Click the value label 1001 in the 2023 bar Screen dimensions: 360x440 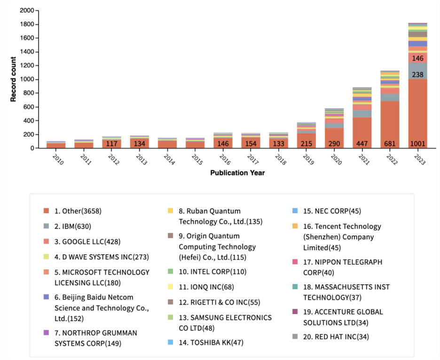tap(417, 144)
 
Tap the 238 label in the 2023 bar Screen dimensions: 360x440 tap(417, 74)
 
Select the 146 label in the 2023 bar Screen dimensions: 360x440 tap(417, 59)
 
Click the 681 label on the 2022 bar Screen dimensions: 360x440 tap(390, 144)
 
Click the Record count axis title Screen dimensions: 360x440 tap(14, 79)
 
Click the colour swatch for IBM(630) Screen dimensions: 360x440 tap(46, 227)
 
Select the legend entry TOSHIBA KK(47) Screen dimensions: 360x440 tap(210, 342)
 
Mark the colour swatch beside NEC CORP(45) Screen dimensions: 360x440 tap(295, 211)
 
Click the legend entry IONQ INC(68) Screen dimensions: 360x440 tap(206, 287)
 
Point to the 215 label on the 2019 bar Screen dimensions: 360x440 tap(306, 144)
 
